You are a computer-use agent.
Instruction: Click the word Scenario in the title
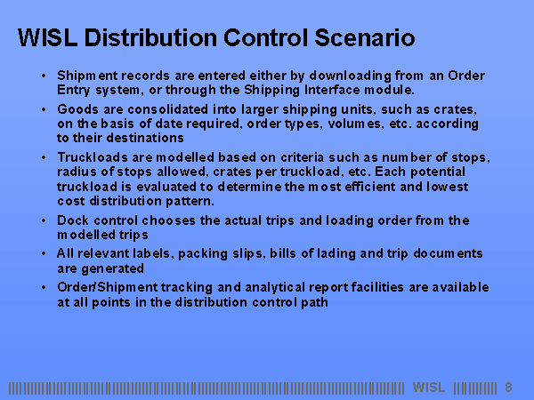(365, 37)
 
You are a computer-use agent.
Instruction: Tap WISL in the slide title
(47, 37)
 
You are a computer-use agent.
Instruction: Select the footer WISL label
(429, 387)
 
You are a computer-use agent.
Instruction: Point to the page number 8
(508, 387)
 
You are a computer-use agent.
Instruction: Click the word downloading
(350, 76)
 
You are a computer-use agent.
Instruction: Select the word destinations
(145, 138)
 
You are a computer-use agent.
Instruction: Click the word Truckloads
(93, 157)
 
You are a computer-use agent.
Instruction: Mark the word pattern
(190, 201)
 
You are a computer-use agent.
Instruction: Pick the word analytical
(275, 287)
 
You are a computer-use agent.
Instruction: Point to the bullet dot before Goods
(44, 109)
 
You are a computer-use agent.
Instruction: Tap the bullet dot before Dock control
(44, 220)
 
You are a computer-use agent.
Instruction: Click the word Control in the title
(266, 37)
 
